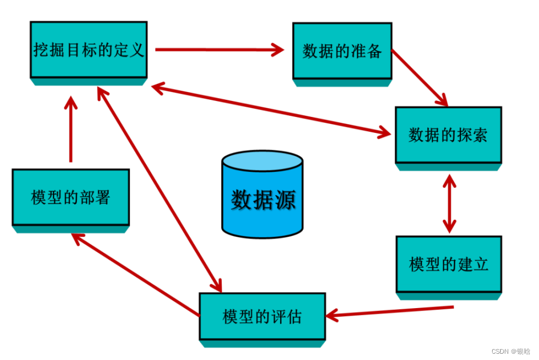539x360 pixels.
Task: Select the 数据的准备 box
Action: (342, 51)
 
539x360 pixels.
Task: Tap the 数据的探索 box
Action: (448, 135)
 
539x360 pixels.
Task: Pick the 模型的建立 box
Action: (449, 264)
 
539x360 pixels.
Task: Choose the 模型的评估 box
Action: (262, 316)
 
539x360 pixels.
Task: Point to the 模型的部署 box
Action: (71, 197)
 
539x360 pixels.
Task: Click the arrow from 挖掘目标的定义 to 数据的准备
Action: (220, 50)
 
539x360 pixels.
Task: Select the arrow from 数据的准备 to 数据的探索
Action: (419, 77)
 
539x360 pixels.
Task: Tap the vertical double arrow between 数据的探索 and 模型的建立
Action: (450, 203)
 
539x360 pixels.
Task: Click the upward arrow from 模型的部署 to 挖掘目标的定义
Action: (71, 128)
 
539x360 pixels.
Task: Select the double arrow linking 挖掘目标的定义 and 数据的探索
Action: (271, 110)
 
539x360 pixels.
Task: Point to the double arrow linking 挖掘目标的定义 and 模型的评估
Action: (160, 189)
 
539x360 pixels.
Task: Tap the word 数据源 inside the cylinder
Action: (263, 200)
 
